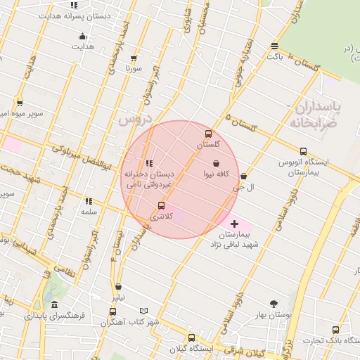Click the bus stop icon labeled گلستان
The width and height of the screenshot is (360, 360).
click(207, 134)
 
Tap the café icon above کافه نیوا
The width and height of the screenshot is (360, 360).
click(215, 163)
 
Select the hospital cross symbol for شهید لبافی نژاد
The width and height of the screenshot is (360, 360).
click(234, 224)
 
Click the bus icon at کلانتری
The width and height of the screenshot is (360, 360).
click(162, 205)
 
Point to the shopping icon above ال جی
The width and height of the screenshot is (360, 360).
click(243, 176)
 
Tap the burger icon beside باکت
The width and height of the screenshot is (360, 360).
click(274, 46)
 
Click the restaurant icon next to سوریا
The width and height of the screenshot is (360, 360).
click(147, 60)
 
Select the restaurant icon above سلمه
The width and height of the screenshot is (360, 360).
click(89, 201)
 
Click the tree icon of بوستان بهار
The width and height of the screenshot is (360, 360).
click(273, 304)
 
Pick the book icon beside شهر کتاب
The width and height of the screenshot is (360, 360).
click(144, 311)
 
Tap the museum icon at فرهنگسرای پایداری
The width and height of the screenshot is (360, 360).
click(55, 305)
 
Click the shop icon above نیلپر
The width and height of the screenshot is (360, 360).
click(118, 286)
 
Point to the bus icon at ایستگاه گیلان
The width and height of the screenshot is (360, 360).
click(192, 338)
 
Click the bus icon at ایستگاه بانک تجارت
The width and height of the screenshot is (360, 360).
click(335, 330)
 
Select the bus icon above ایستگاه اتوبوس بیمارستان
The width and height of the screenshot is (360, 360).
click(303, 151)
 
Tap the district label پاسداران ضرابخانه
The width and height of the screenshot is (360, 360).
click(313, 115)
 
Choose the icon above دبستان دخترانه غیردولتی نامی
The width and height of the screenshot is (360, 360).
click(148, 163)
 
